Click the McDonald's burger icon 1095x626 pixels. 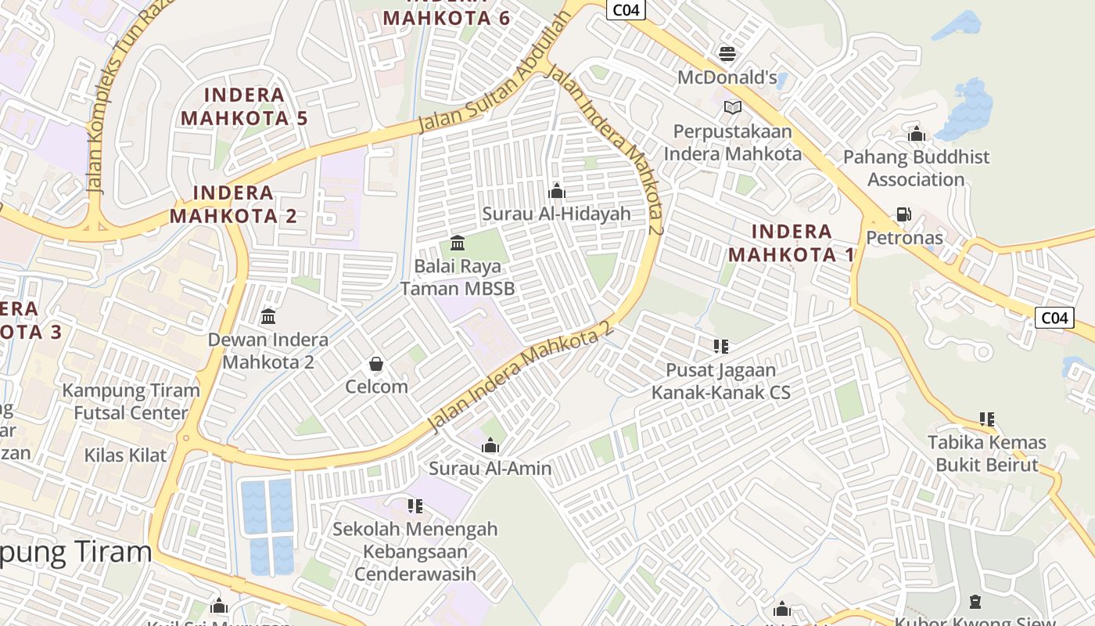pyautogui.click(x=727, y=53)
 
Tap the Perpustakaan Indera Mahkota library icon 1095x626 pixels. pyautogui.click(x=732, y=107)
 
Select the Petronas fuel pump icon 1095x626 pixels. pyautogui.click(x=903, y=214)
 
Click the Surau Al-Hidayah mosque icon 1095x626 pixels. pyautogui.click(x=557, y=190)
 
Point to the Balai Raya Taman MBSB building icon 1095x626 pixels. pyautogui.click(x=458, y=243)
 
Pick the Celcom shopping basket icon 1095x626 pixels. pyautogui.click(x=376, y=364)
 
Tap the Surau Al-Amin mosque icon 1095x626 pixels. pyautogui.click(x=490, y=445)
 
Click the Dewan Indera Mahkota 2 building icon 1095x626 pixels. pyautogui.click(x=268, y=316)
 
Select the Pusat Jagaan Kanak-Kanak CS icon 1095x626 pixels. pyautogui.click(x=720, y=346)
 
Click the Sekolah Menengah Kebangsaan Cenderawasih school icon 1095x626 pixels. pyautogui.click(x=415, y=505)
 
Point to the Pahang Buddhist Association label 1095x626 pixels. pyautogui.click(x=916, y=168)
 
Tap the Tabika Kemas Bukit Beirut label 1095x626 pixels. pyautogui.click(x=987, y=454)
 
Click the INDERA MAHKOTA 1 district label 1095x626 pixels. pyautogui.click(x=791, y=243)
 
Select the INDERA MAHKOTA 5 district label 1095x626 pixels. pyautogui.click(x=244, y=107)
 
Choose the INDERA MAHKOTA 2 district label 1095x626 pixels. pyautogui.click(x=233, y=204)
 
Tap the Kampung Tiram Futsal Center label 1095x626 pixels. pyautogui.click(x=131, y=401)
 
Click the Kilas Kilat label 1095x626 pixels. pyautogui.click(x=125, y=455)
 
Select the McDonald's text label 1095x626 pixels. pyautogui.click(x=727, y=77)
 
